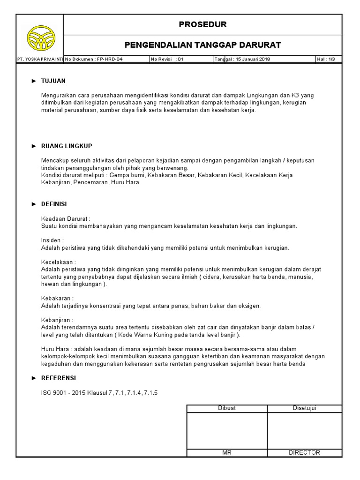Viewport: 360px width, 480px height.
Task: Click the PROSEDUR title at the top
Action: click(202, 24)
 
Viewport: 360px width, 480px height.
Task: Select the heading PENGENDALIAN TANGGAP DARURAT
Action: click(202, 45)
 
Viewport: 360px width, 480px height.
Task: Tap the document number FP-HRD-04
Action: click(107, 59)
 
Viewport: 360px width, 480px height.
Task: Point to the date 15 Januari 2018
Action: click(253, 59)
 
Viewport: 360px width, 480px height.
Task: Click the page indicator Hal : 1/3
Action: click(329, 59)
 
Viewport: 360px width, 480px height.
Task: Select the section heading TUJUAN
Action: click(53, 81)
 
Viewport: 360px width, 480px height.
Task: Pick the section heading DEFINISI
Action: click(54, 204)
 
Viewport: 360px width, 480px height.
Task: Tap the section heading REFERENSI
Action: click(59, 378)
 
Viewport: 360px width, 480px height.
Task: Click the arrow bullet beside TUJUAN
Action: click(34, 81)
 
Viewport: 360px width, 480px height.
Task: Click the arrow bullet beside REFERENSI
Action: click(34, 378)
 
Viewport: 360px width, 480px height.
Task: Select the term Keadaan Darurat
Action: click(66, 218)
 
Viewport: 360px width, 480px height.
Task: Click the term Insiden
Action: click(52, 240)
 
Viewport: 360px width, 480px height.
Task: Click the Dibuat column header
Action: click(227, 408)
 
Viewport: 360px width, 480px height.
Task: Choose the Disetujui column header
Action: click(305, 408)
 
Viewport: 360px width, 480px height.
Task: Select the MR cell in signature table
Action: click(227, 452)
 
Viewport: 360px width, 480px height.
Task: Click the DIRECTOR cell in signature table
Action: click(305, 452)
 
